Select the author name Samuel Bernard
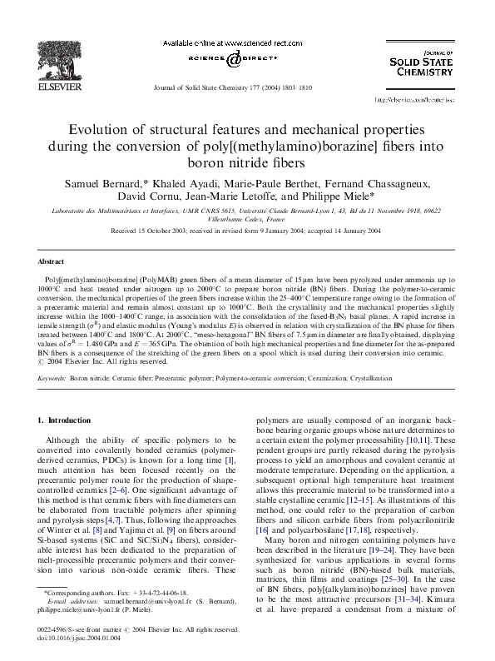click(x=103, y=181)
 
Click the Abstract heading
click(x=51, y=261)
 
